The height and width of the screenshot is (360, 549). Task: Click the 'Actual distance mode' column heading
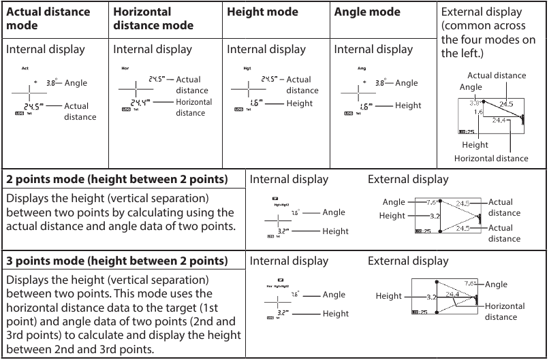coord(48,19)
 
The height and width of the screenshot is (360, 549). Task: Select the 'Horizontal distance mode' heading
coord(153,19)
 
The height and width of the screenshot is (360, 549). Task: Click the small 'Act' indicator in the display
coord(25,68)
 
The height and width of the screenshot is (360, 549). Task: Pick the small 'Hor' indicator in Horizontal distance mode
coord(125,68)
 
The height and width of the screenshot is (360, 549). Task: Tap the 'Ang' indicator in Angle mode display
coord(362,68)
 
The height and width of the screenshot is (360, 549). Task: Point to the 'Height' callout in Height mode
coord(300,103)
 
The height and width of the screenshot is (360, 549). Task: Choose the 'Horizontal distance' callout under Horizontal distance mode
coord(193,108)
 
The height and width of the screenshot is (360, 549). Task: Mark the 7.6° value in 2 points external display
coord(433,202)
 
